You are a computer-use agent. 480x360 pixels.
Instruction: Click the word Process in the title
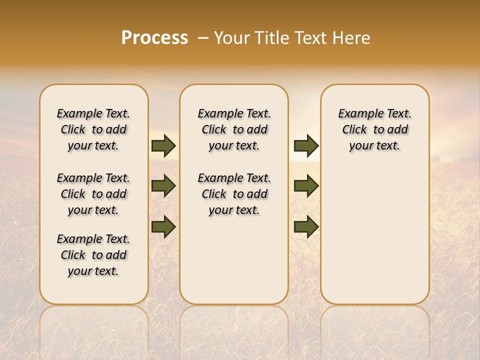154,38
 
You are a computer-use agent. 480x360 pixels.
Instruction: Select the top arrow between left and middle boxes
163,145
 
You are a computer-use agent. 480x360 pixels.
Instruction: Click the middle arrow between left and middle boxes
163,186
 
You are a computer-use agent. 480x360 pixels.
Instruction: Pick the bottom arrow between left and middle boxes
163,226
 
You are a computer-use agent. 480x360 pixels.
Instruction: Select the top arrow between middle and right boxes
306,145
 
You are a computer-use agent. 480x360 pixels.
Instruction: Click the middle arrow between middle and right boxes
306,186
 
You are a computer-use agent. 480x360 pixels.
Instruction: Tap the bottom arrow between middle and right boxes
306,226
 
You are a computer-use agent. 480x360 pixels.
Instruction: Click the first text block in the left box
93,129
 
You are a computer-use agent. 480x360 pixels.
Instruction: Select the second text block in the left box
93,194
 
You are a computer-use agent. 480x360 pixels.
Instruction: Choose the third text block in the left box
93,255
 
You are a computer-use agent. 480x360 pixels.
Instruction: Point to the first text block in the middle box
234,129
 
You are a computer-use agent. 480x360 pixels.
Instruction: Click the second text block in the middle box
234,194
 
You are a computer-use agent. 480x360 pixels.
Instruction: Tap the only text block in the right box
374,129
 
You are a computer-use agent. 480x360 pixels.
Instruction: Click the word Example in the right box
356,114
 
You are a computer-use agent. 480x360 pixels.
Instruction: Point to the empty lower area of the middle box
234,260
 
